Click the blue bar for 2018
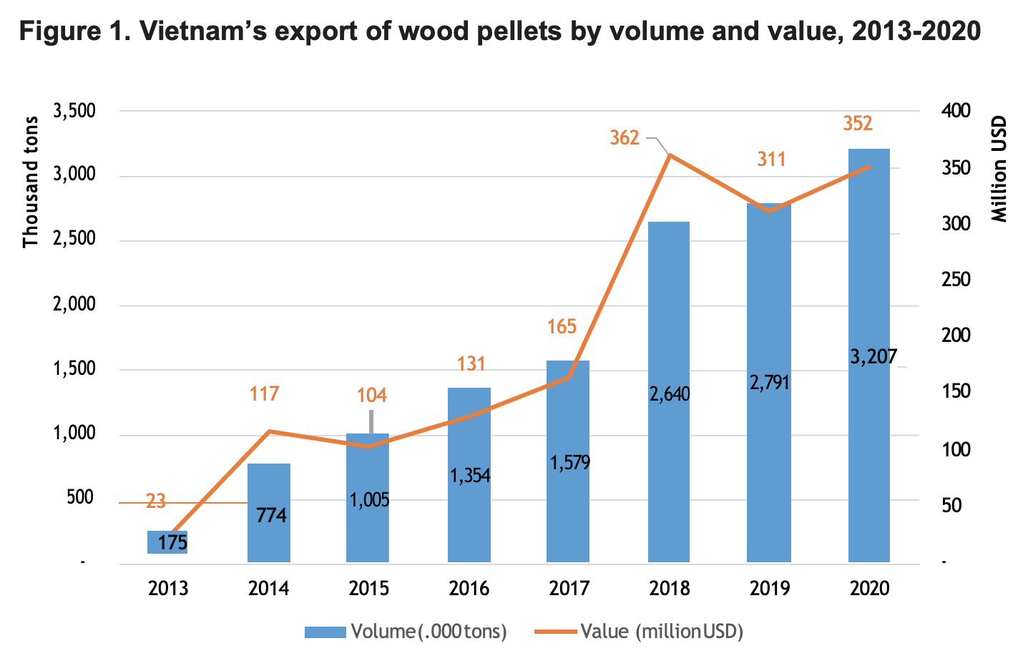669,322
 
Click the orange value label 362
625,137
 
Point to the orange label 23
156,501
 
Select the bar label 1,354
470,475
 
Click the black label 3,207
873,356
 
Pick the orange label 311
771,159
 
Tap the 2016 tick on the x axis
469,588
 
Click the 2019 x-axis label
770,588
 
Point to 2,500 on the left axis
74,240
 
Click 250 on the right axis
955,280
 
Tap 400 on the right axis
955,111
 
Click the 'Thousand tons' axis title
30,182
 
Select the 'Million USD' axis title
999,169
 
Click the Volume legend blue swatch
325,632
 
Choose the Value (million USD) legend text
662,632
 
